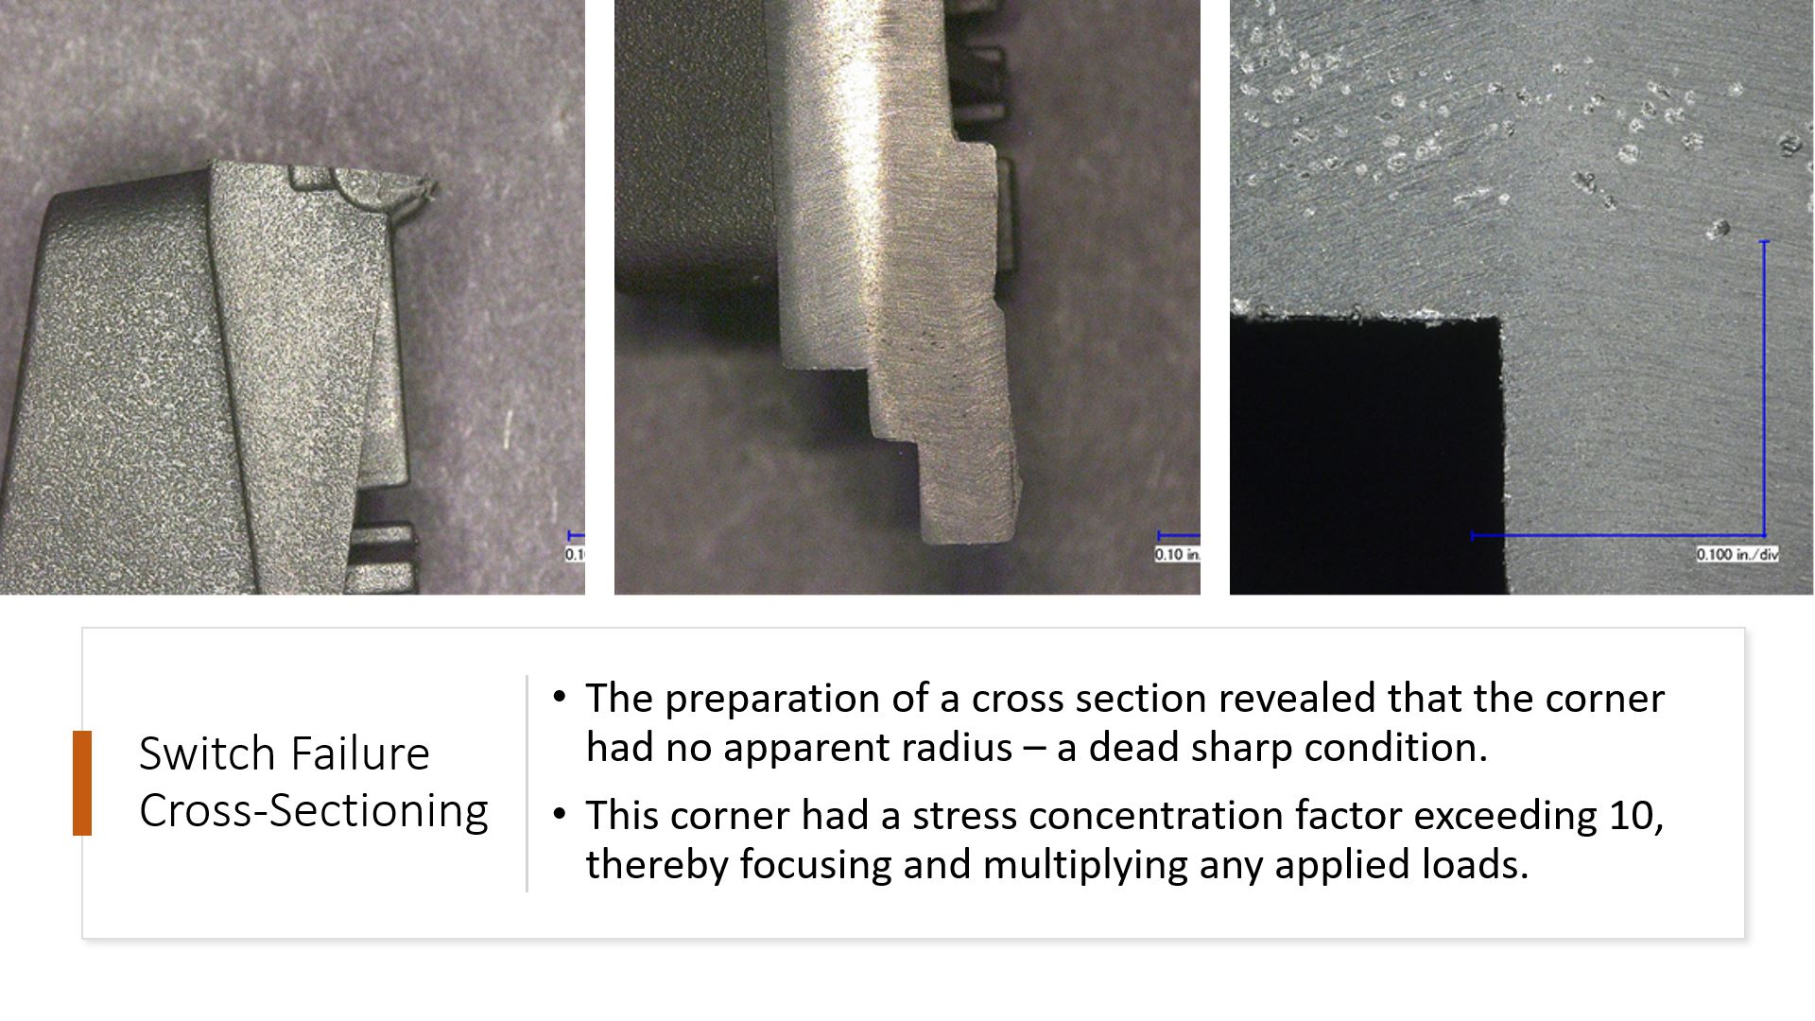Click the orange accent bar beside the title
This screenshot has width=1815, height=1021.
pos(82,783)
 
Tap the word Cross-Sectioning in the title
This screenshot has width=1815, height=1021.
pos(313,811)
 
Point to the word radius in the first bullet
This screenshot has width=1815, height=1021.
pos(956,748)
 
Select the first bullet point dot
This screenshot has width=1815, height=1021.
pos(560,698)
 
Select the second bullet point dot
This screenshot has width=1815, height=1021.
pos(560,814)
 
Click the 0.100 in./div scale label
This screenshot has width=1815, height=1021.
pos(1737,554)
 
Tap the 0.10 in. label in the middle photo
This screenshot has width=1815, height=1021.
pos(1176,554)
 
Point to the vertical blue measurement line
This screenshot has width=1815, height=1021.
pos(1764,388)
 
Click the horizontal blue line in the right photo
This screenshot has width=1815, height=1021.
pos(1616,536)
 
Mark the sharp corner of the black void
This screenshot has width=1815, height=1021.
pos(1501,319)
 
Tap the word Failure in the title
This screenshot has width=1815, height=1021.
pos(358,754)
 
